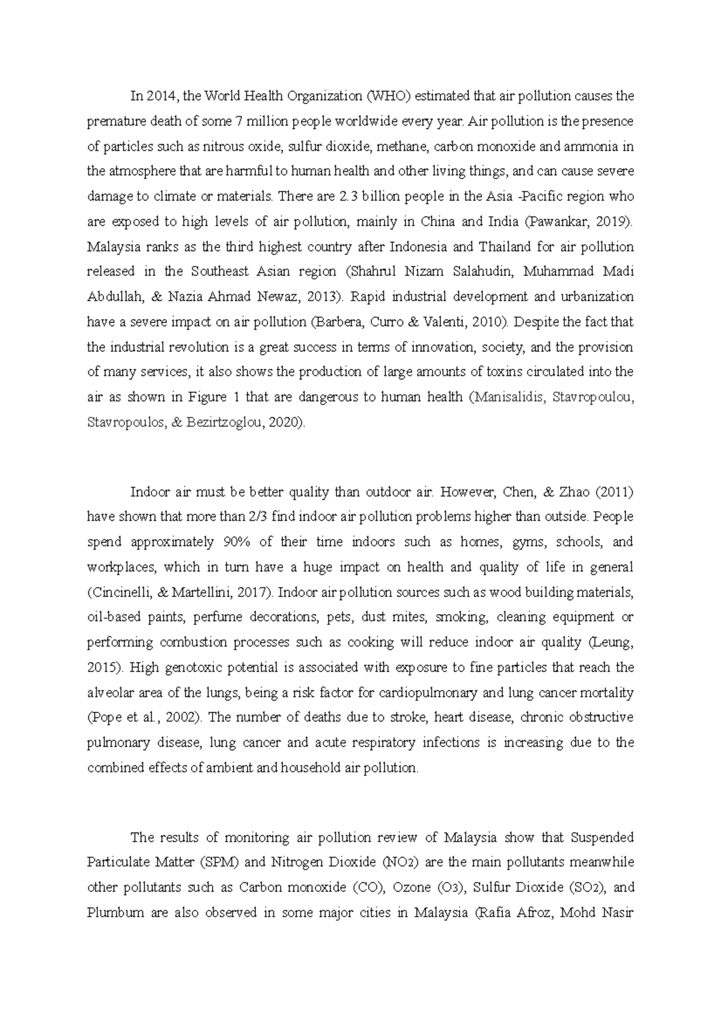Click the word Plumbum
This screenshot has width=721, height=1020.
pyautogui.click(x=115, y=913)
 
